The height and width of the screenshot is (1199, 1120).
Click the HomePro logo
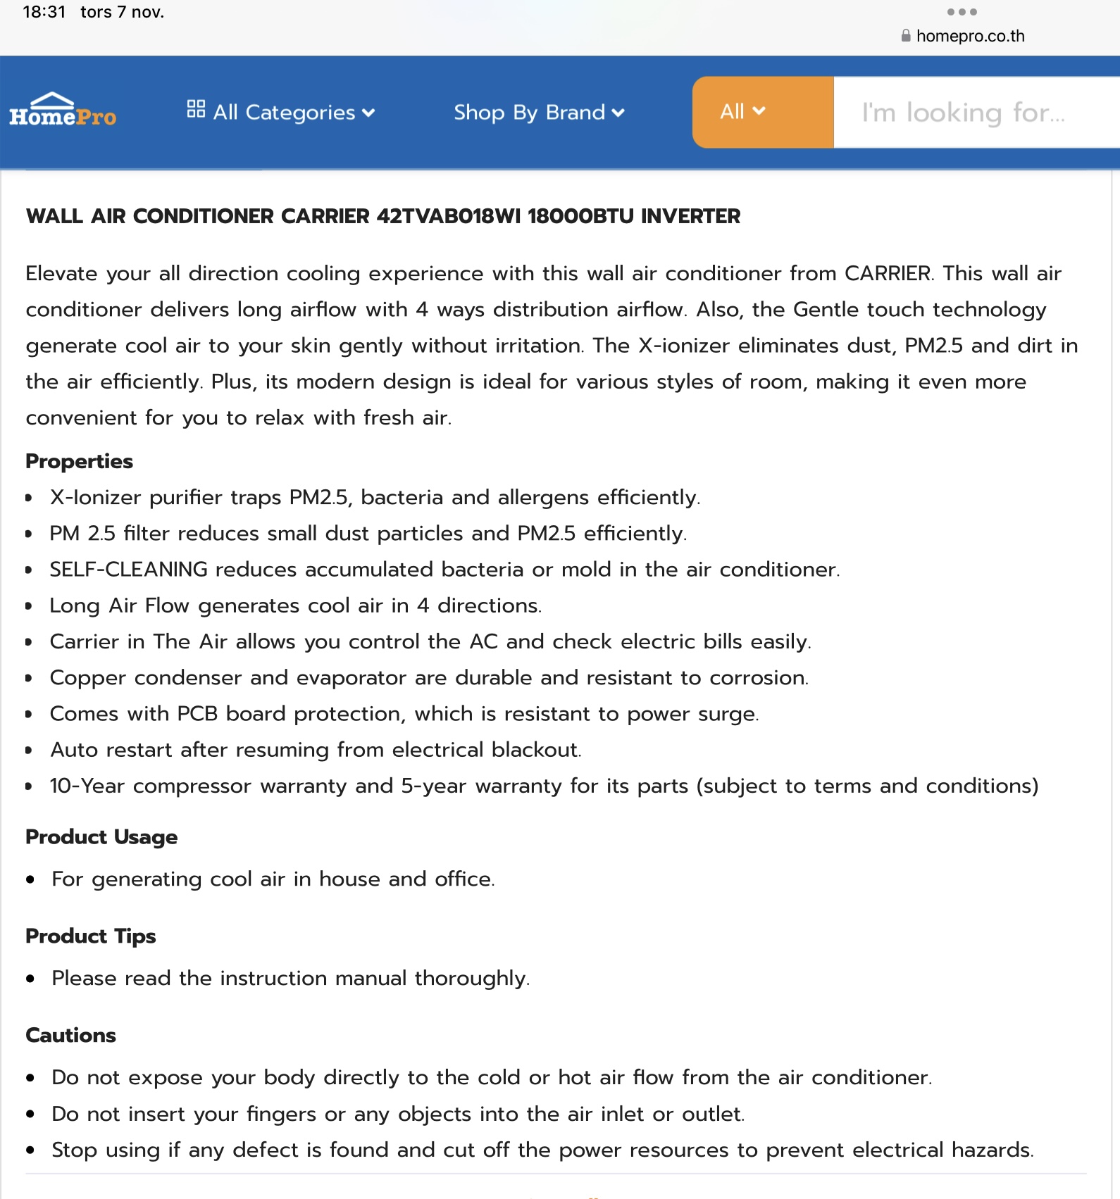(x=63, y=111)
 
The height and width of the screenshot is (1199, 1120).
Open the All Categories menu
(x=280, y=112)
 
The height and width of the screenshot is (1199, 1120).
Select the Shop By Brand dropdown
(x=539, y=112)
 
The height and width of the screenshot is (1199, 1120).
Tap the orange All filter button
(x=762, y=112)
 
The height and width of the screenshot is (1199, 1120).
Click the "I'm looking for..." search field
(x=976, y=113)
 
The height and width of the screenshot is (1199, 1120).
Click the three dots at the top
(x=962, y=12)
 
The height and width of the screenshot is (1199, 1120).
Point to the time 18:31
(x=44, y=12)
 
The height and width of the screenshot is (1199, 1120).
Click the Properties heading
(x=79, y=461)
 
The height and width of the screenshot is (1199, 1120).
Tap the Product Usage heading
(x=101, y=837)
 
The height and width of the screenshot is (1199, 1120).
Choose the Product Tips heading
(x=90, y=936)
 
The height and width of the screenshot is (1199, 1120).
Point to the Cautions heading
(x=70, y=1036)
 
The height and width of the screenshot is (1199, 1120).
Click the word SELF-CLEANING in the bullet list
(x=128, y=570)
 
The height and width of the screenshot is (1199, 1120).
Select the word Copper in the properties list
(x=87, y=678)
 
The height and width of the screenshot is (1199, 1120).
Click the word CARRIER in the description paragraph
(x=888, y=273)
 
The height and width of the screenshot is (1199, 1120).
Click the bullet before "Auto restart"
(x=29, y=751)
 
